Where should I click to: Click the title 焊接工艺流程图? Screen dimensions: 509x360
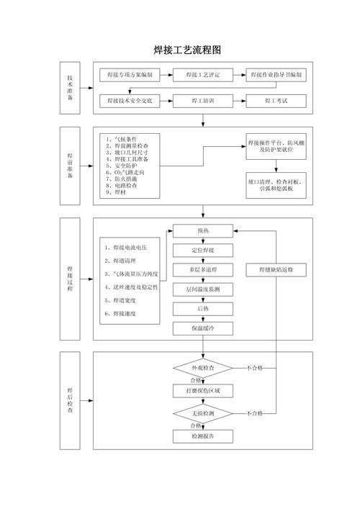pyautogui.click(x=186, y=50)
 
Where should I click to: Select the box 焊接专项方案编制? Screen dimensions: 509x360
pyautogui.click(x=130, y=75)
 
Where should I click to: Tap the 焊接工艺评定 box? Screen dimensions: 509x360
pyautogui.click(x=203, y=75)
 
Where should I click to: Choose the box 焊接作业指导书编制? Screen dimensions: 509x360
pyautogui.click(x=276, y=75)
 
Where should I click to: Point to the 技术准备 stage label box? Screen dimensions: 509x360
pyautogui.click(x=70, y=87)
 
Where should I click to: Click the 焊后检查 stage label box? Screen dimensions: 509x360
pyautogui.click(x=70, y=400)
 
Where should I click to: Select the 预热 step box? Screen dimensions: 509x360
pyautogui.click(x=203, y=231)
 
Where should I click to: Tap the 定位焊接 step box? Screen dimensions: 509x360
pyautogui.click(x=203, y=251)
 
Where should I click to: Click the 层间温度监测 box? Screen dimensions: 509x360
pyautogui.click(x=203, y=289)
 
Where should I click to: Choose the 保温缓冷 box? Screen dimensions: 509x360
pyautogui.click(x=203, y=328)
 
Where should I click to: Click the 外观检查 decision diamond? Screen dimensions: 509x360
pyautogui.click(x=203, y=368)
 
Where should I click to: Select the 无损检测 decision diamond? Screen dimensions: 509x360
pyautogui.click(x=203, y=413)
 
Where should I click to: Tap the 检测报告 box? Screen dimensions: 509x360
pyautogui.click(x=203, y=436)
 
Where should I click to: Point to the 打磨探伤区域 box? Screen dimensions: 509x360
pyautogui.click(x=203, y=391)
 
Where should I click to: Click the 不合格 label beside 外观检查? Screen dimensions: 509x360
pyautogui.click(x=254, y=368)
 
